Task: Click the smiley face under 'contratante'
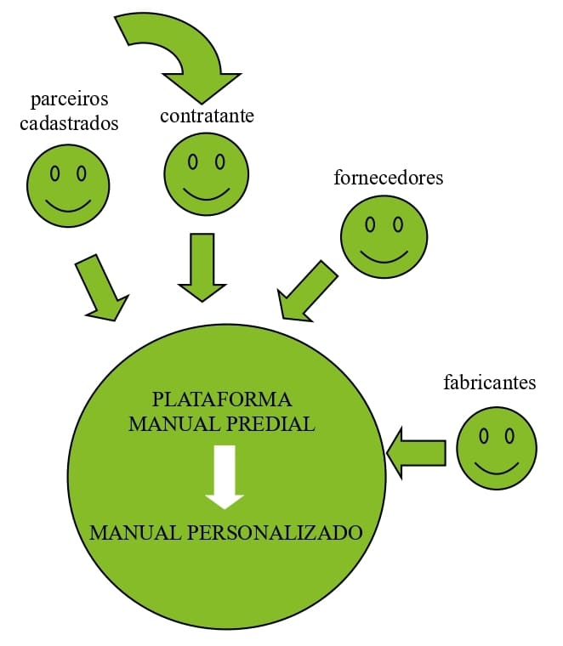[x=206, y=173]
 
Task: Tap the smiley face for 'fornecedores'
[x=384, y=235]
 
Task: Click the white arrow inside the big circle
[x=225, y=476]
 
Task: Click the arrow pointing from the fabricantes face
[x=417, y=453]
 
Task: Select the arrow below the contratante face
[x=202, y=267]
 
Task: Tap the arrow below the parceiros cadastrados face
[x=100, y=287]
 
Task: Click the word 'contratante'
[x=207, y=116]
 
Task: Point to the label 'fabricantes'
[x=490, y=382]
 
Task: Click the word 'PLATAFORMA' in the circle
[x=222, y=399]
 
